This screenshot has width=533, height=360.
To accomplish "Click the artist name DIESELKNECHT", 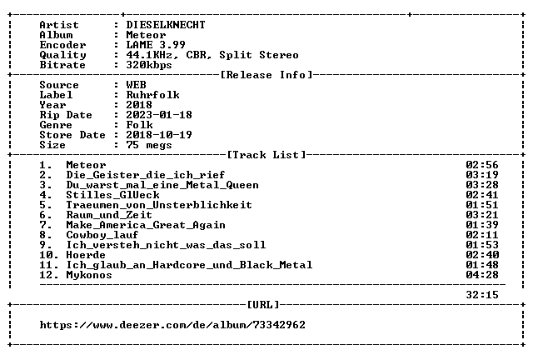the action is tap(166, 25).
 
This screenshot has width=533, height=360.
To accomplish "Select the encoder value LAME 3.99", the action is tap(156, 45).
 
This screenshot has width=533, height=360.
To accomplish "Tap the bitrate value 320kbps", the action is tap(149, 65).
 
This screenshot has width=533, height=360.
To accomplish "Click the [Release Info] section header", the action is tap(266, 75).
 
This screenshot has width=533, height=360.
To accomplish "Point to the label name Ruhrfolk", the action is tap(152, 95).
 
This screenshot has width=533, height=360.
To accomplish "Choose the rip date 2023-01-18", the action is tap(159, 115).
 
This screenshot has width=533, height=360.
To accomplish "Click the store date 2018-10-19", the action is tap(159, 135).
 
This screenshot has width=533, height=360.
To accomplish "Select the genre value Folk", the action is tap(139, 125).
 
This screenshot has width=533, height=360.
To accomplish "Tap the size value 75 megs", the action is tap(149, 145).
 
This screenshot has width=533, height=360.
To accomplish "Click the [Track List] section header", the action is tap(266, 155).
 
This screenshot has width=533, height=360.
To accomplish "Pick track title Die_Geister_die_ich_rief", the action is tap(146, 175).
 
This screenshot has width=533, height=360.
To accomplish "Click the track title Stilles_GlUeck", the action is tap(112, 195).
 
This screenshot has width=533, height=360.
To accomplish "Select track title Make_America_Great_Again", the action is tap(146, 225).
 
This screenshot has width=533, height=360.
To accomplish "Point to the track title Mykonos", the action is tap(89, 275).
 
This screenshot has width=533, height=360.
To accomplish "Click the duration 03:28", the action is tap(482, 185).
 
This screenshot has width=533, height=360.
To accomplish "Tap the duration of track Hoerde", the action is tap(482, 255).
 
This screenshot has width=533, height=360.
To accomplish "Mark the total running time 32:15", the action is tap(482, 295).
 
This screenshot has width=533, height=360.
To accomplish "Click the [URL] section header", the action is tap(263, 304).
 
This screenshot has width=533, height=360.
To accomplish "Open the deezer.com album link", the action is tap(172, 325).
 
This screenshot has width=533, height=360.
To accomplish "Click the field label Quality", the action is tap(62, 55).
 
